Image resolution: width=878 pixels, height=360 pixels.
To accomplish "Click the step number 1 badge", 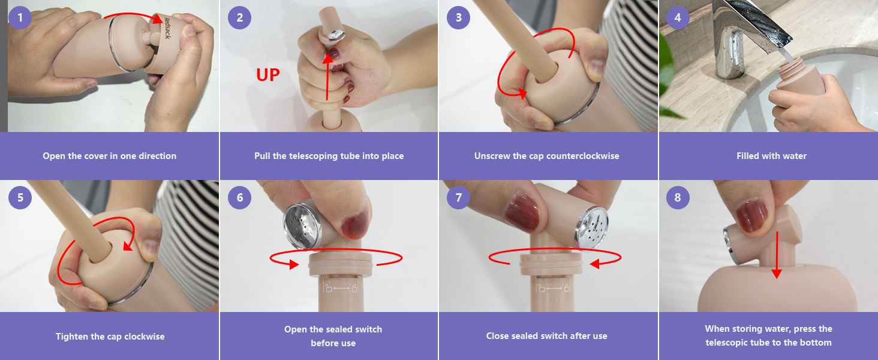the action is pyautogui.click(x=20, y=17).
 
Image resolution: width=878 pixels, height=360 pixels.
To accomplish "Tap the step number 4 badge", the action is pyautogui.click(x=678, y=17).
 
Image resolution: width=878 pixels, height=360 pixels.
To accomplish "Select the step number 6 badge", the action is pyautogui.click(x=239, y=197).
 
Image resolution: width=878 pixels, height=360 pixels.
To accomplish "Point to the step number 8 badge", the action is pyautogui.click(x=678, y=197).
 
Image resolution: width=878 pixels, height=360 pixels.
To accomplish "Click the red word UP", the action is pyautogui.click(x=268, y=75).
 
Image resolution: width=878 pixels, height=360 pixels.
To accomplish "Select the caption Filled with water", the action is pyautogui.click(x=771, y=156).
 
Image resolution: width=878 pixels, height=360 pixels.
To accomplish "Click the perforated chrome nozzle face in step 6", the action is pyautogui.click(x=302, y=226).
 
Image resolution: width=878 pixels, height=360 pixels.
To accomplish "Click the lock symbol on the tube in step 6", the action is pyautogui.click(x=354, y=289).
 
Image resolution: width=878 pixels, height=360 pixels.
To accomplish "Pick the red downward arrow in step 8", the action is pyautogui.click(x=777, y=255).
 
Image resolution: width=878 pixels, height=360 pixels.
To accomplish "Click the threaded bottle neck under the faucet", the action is pyautogui.click(x=789, y=67).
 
